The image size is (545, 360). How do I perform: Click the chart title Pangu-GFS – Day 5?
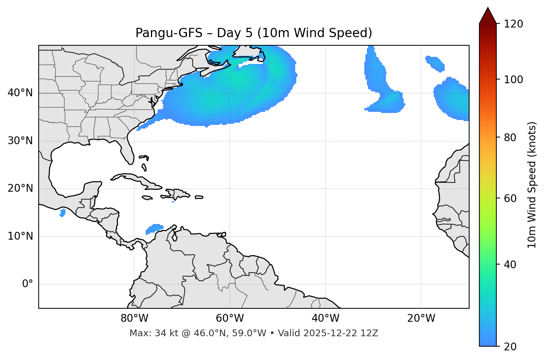click(x=254, y=33)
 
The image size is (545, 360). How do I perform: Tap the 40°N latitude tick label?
click(x=20, y=93)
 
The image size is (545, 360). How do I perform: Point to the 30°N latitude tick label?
click(x=20, y=141)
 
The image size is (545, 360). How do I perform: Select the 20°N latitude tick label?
click(x=20, y=188)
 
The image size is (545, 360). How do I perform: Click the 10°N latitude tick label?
click(x=20, y=236)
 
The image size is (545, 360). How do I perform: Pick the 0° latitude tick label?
click(x=28, y=284)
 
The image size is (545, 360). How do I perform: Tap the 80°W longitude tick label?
click(x=134, y=318)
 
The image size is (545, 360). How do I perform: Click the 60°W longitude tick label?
click(x=230, y=318)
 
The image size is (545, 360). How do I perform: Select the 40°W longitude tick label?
click(x=325, y=318)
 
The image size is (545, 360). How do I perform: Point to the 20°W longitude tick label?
click(x=421, y=318)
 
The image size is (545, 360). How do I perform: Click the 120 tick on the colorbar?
click(x=514, y=24)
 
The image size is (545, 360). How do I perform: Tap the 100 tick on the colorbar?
click(x=514, y=80)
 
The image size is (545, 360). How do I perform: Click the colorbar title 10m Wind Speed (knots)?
click(x=532, y=185)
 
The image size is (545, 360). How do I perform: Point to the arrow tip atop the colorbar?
click(x=488, y=8)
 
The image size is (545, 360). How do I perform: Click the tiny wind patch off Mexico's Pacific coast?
click(x=62, y=213)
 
